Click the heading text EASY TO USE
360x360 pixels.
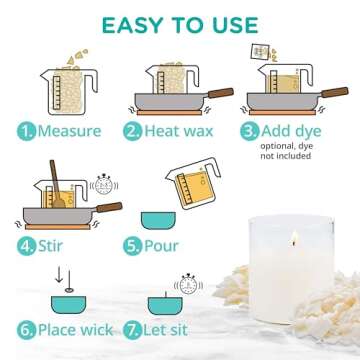tap(179, 23)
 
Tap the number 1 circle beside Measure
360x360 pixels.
tap(23, 131)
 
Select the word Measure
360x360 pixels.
tap(66, 131)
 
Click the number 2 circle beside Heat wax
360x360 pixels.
tap(131, 131)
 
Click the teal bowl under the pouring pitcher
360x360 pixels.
tap(156, 217)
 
